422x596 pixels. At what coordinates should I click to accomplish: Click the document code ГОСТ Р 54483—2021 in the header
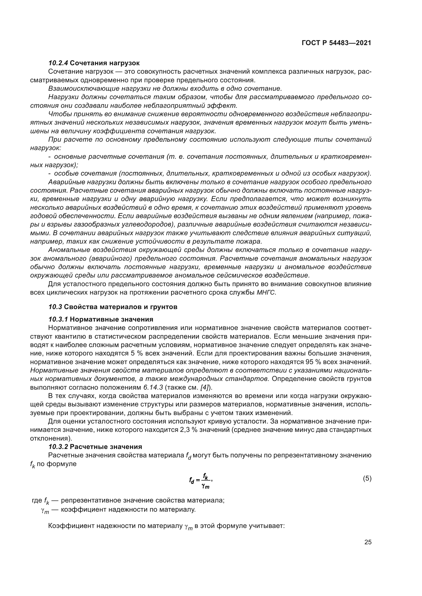point(336,43)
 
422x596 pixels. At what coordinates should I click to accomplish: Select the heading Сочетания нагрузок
point(105,63)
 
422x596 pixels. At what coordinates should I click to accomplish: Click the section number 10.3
point(55,307)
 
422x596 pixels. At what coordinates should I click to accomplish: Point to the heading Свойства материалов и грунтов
point(121,307)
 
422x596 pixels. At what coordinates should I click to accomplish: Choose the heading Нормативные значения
point(111,319)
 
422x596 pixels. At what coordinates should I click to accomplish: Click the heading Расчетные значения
point(106,447)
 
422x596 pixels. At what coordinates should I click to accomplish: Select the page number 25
point(368,542)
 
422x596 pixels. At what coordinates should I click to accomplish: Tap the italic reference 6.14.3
point(153,388)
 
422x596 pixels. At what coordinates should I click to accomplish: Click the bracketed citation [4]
point(204,388)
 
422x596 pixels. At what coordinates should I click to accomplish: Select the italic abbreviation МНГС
point(266,293)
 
